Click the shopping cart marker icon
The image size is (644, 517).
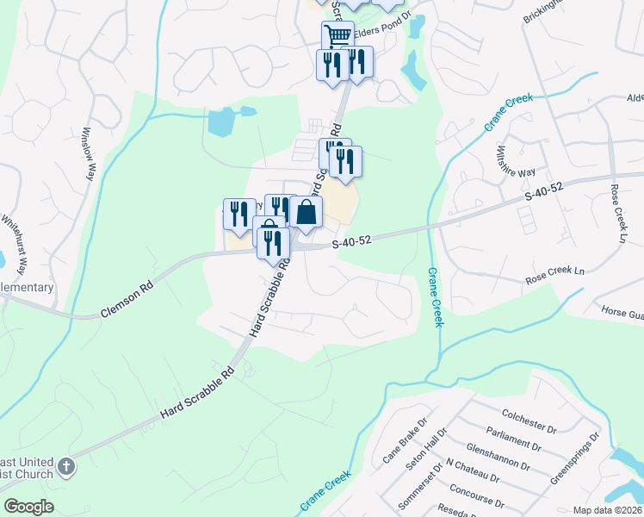coord(337,36)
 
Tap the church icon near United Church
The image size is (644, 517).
coord(66,469)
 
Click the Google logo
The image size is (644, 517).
coord(28,507)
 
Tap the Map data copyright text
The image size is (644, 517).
coord(607,510)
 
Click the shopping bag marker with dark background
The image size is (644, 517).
coord(306,212)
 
